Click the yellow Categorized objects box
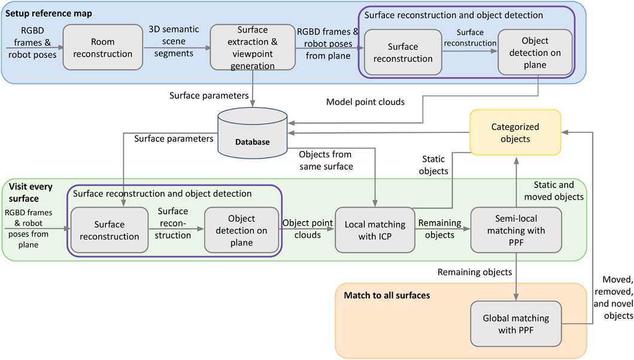(x=515, y=132)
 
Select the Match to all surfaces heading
(x=387, y=295)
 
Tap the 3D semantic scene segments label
(x=170, y=41)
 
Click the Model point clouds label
(x=365, y=102)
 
